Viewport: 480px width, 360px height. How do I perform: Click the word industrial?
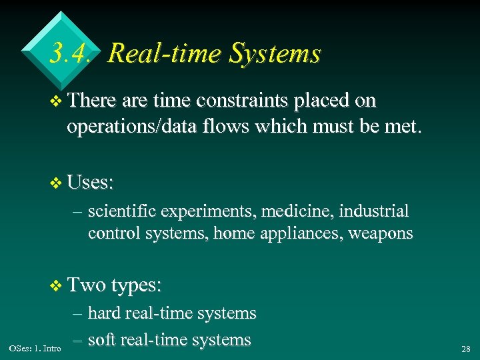374,211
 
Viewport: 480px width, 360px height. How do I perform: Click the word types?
137,286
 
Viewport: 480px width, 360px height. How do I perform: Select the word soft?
104,339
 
